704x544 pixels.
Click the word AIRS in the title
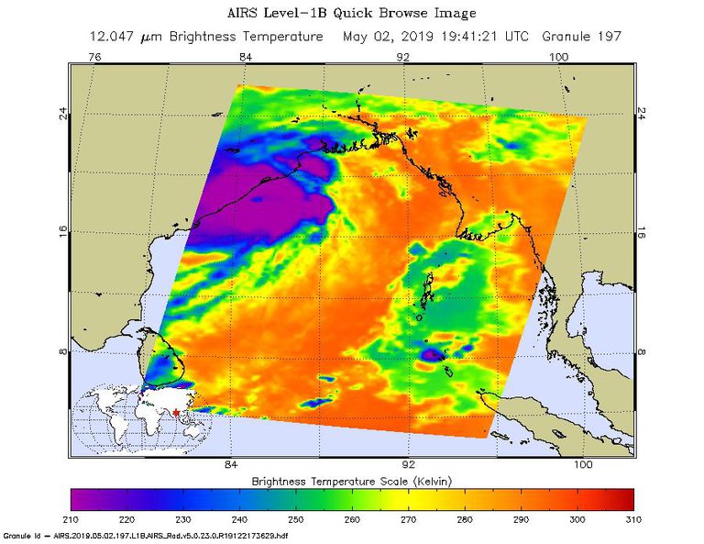pos(240,15)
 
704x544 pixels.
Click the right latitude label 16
pos(643,233)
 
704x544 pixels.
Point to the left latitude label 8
pos(63,351)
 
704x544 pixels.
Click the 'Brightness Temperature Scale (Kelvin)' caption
pos(352,481)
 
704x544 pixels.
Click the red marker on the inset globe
pos(175,412)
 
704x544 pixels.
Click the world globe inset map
pos(137,417)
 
